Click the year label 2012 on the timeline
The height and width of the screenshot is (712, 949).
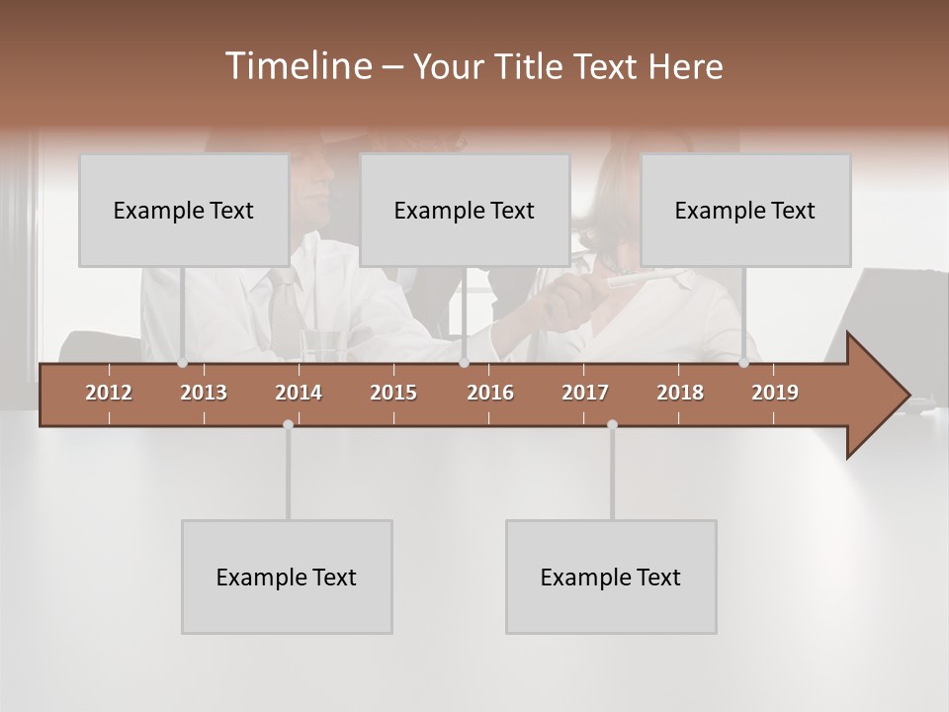coord(109,393)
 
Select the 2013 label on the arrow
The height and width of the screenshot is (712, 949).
coord(204,393)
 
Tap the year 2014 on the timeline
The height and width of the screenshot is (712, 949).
coord(299,393)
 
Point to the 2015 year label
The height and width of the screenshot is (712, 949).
coord(393,393)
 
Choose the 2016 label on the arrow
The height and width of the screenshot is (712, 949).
coord(490,393)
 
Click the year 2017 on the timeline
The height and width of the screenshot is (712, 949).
coord(585,393)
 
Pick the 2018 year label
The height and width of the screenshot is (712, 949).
coord(680,393)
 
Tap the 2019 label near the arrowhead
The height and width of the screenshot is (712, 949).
coord(775,393)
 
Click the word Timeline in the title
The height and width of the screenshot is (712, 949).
coord(296,66)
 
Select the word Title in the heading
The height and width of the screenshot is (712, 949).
coord(531,67)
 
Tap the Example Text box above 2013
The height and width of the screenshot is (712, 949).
coord(184,211)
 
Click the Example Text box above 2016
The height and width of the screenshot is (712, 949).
coord(465,211)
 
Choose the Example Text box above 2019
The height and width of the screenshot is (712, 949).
coord(745,211)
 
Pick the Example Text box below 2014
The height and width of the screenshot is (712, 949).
coord(287,578)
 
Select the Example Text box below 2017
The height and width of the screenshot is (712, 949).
coord(611,578)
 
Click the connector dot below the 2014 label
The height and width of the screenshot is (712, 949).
coord(288,424)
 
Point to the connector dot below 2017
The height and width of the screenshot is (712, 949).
coord(612,424)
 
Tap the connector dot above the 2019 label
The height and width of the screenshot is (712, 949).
coord(743,363)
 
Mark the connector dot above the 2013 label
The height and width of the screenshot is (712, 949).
coord(182,363)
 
